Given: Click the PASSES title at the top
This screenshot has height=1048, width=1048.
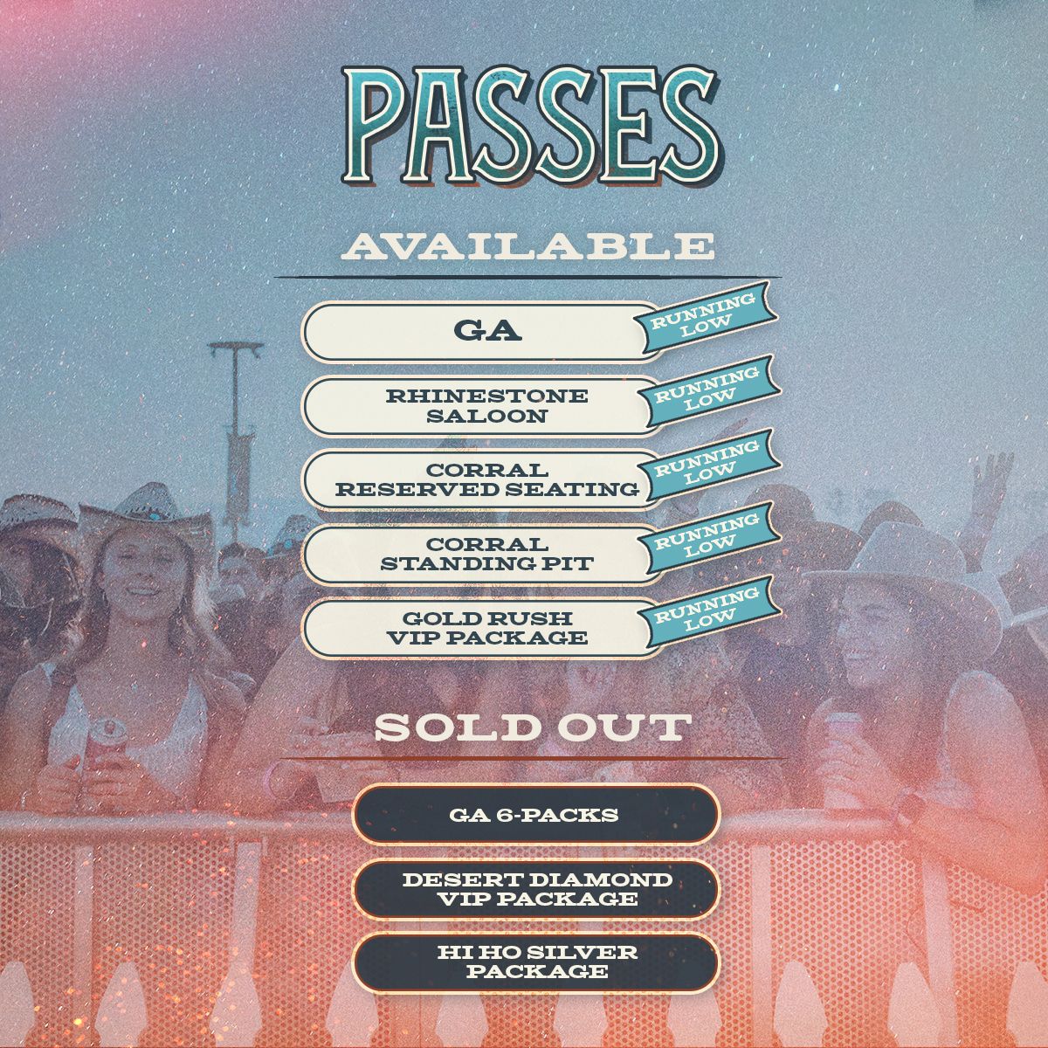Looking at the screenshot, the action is coord(531,125).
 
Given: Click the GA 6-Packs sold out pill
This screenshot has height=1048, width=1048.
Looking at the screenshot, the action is coord(535,814).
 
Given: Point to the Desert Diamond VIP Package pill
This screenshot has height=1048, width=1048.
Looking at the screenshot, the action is coord(535,889).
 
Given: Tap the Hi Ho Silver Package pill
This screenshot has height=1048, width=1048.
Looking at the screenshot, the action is coord(535,962).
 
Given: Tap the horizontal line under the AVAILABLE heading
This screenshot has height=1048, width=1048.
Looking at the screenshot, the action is coord(527,277).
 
